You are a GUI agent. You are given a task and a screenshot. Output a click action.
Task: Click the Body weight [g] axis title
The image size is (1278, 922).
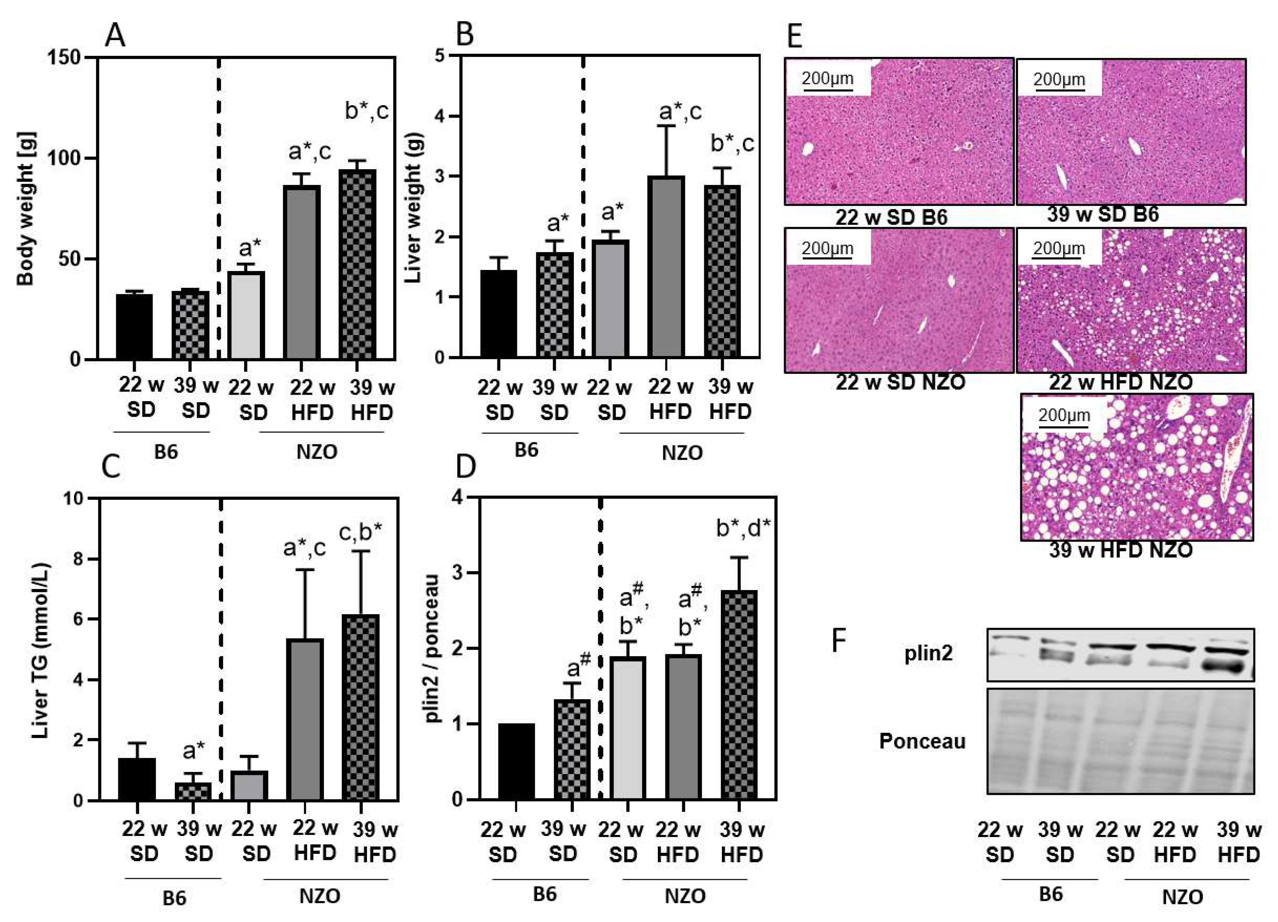click(x=25, y=208)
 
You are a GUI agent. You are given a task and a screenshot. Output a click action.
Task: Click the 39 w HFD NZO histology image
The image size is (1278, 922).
click(x=1136, y=467)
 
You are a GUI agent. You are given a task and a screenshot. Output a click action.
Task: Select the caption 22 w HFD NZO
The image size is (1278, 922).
click(x=1120, y=382)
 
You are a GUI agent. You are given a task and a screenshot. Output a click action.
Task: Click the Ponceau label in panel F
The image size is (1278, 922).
click(x=923, y=741)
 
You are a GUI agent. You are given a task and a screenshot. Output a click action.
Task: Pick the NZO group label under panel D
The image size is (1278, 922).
click(x=685, y=896)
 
